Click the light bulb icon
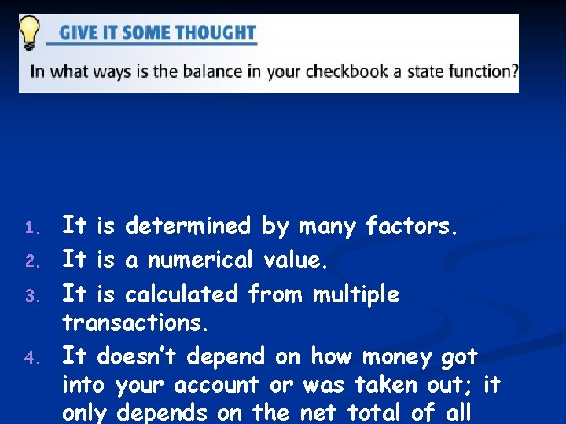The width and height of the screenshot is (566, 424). pyautogui.click(x=30, y=33)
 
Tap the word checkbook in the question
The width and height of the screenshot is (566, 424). pyautogui.click(x=346, y=71)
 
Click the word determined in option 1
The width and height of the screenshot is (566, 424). pyautogui.click(x=187, y=227)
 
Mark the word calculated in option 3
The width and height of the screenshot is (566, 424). pyautogui.click(x=182, y=294)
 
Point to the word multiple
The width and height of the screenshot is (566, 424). pyautogui.click(x=356, y=294)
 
